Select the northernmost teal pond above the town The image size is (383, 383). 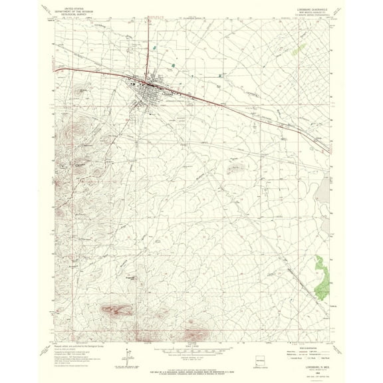tap(152, 48)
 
